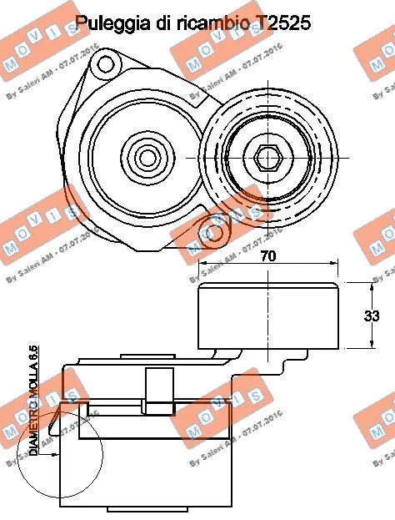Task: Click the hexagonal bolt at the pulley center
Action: [x=267, y=155]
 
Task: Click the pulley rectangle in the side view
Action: [x=267, y=315]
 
